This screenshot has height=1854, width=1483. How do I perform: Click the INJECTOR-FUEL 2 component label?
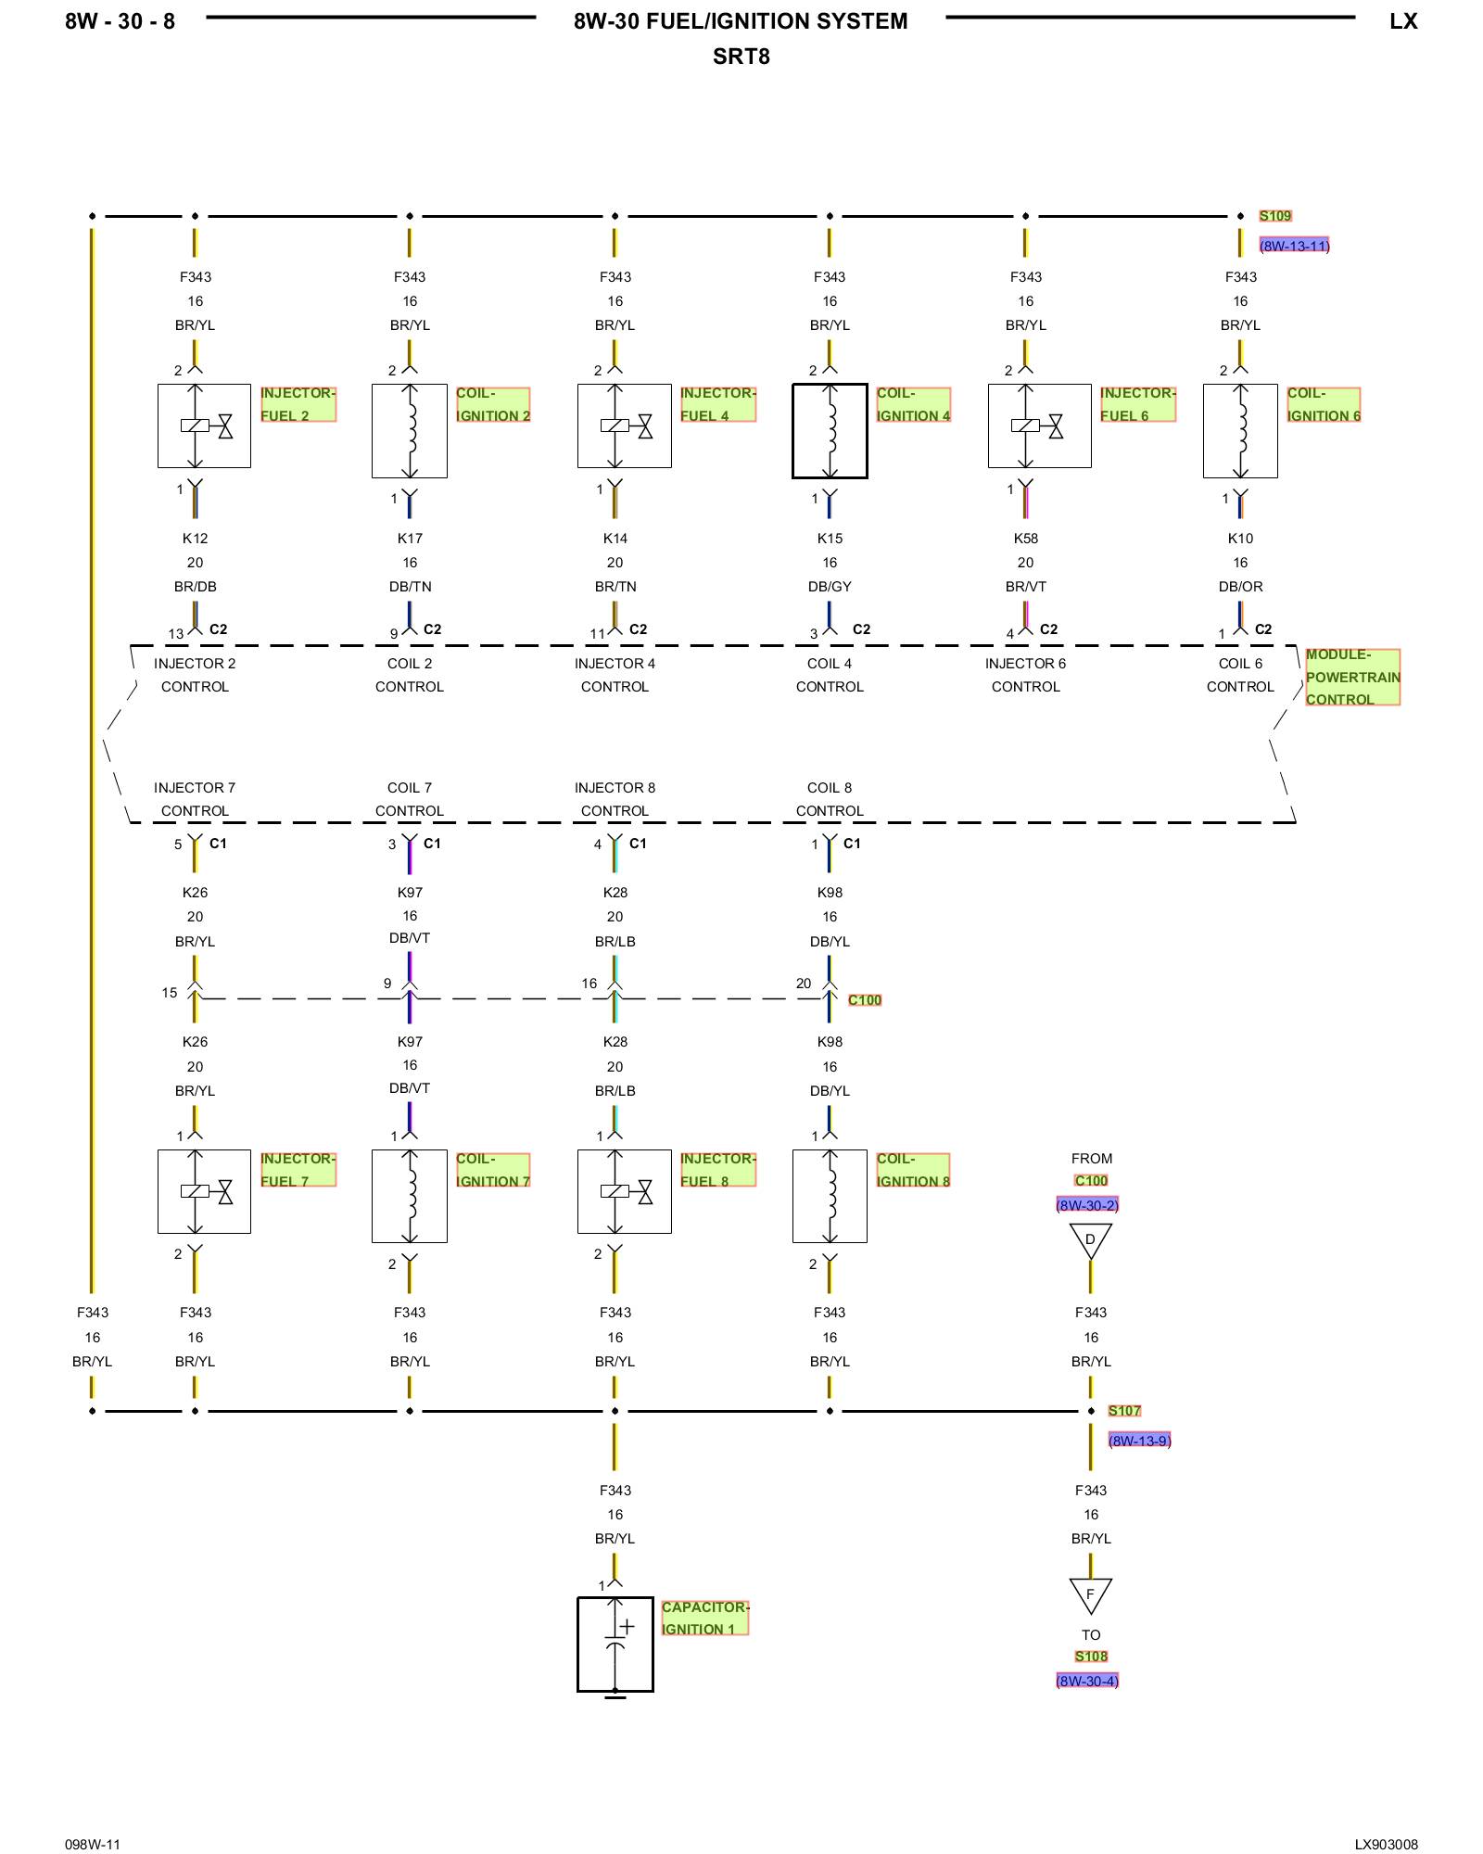tap(298, 404)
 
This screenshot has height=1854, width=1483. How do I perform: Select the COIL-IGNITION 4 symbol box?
tap(830, 431)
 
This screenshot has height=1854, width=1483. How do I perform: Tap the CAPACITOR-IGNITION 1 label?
tap(703, 1618)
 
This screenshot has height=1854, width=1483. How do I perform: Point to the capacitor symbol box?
tap(615, 1644)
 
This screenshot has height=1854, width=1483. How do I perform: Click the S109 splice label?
tap(1274, 216)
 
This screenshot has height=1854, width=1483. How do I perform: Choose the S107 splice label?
tap(1124, 1411)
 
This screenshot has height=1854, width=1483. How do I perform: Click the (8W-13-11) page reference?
tap(1294, 246)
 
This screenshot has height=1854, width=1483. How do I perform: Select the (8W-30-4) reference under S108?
tap(1087, 1681)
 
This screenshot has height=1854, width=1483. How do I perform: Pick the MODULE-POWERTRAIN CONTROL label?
tap(1352, 677)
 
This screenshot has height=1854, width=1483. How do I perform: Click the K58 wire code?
tap(1025, 539)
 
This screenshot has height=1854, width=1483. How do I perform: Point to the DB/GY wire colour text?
tap(830, 587)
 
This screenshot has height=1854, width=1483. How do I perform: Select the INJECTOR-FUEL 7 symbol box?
tap(204, 1191)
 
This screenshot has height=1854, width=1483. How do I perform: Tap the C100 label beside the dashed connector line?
tap(865, 1000)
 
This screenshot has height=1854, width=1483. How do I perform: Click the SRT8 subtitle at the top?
tap(741, 57)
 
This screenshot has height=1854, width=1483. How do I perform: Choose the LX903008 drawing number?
tap(1386, 1845)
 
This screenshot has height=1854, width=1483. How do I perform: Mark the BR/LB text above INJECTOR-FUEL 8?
tap(615, 1091)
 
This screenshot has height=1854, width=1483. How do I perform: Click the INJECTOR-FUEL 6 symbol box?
tap(1039, 426)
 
